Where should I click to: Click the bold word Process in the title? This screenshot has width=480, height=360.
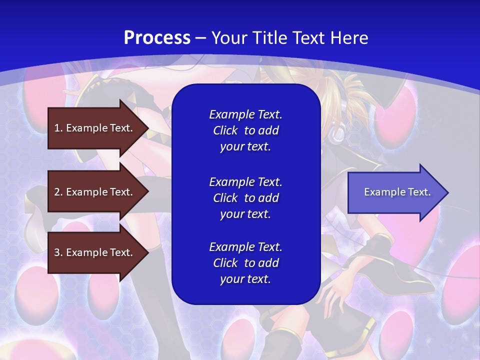[x=157, y=38]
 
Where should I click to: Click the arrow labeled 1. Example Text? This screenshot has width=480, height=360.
[x=95, y=128]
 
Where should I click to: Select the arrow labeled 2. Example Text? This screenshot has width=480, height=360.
[x=95, y=192]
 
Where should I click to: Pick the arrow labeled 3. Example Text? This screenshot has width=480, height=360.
[x=95, y=252]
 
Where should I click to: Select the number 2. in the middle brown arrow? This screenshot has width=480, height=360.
[x=58, y=192]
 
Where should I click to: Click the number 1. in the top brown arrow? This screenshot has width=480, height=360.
[x=58, y=128]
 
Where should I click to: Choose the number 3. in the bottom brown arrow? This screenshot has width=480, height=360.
[x=58, y=252]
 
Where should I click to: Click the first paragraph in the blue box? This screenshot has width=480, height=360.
[x=245, y=130]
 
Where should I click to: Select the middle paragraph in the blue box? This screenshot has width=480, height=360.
[x=245, y=197]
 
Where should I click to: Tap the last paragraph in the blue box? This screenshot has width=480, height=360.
[x=245, y=263]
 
